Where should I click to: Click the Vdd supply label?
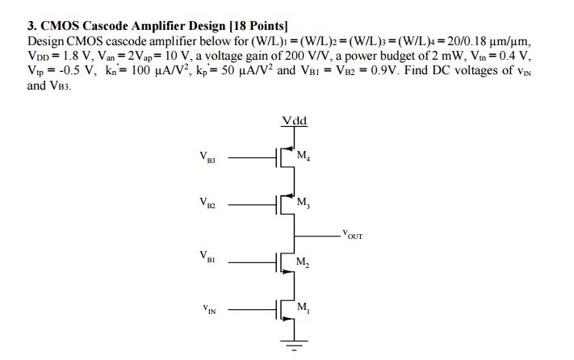pyautogui.click(x=295, y=121)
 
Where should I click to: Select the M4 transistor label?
pyautogui.click(x=304, y=156)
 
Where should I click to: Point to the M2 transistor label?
pyautogui.click(x=303, y=262)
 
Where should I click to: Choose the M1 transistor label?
pyautogui.click(x=303, y=308)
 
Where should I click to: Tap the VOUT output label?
pyautogui.click(x=352, y=236)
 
